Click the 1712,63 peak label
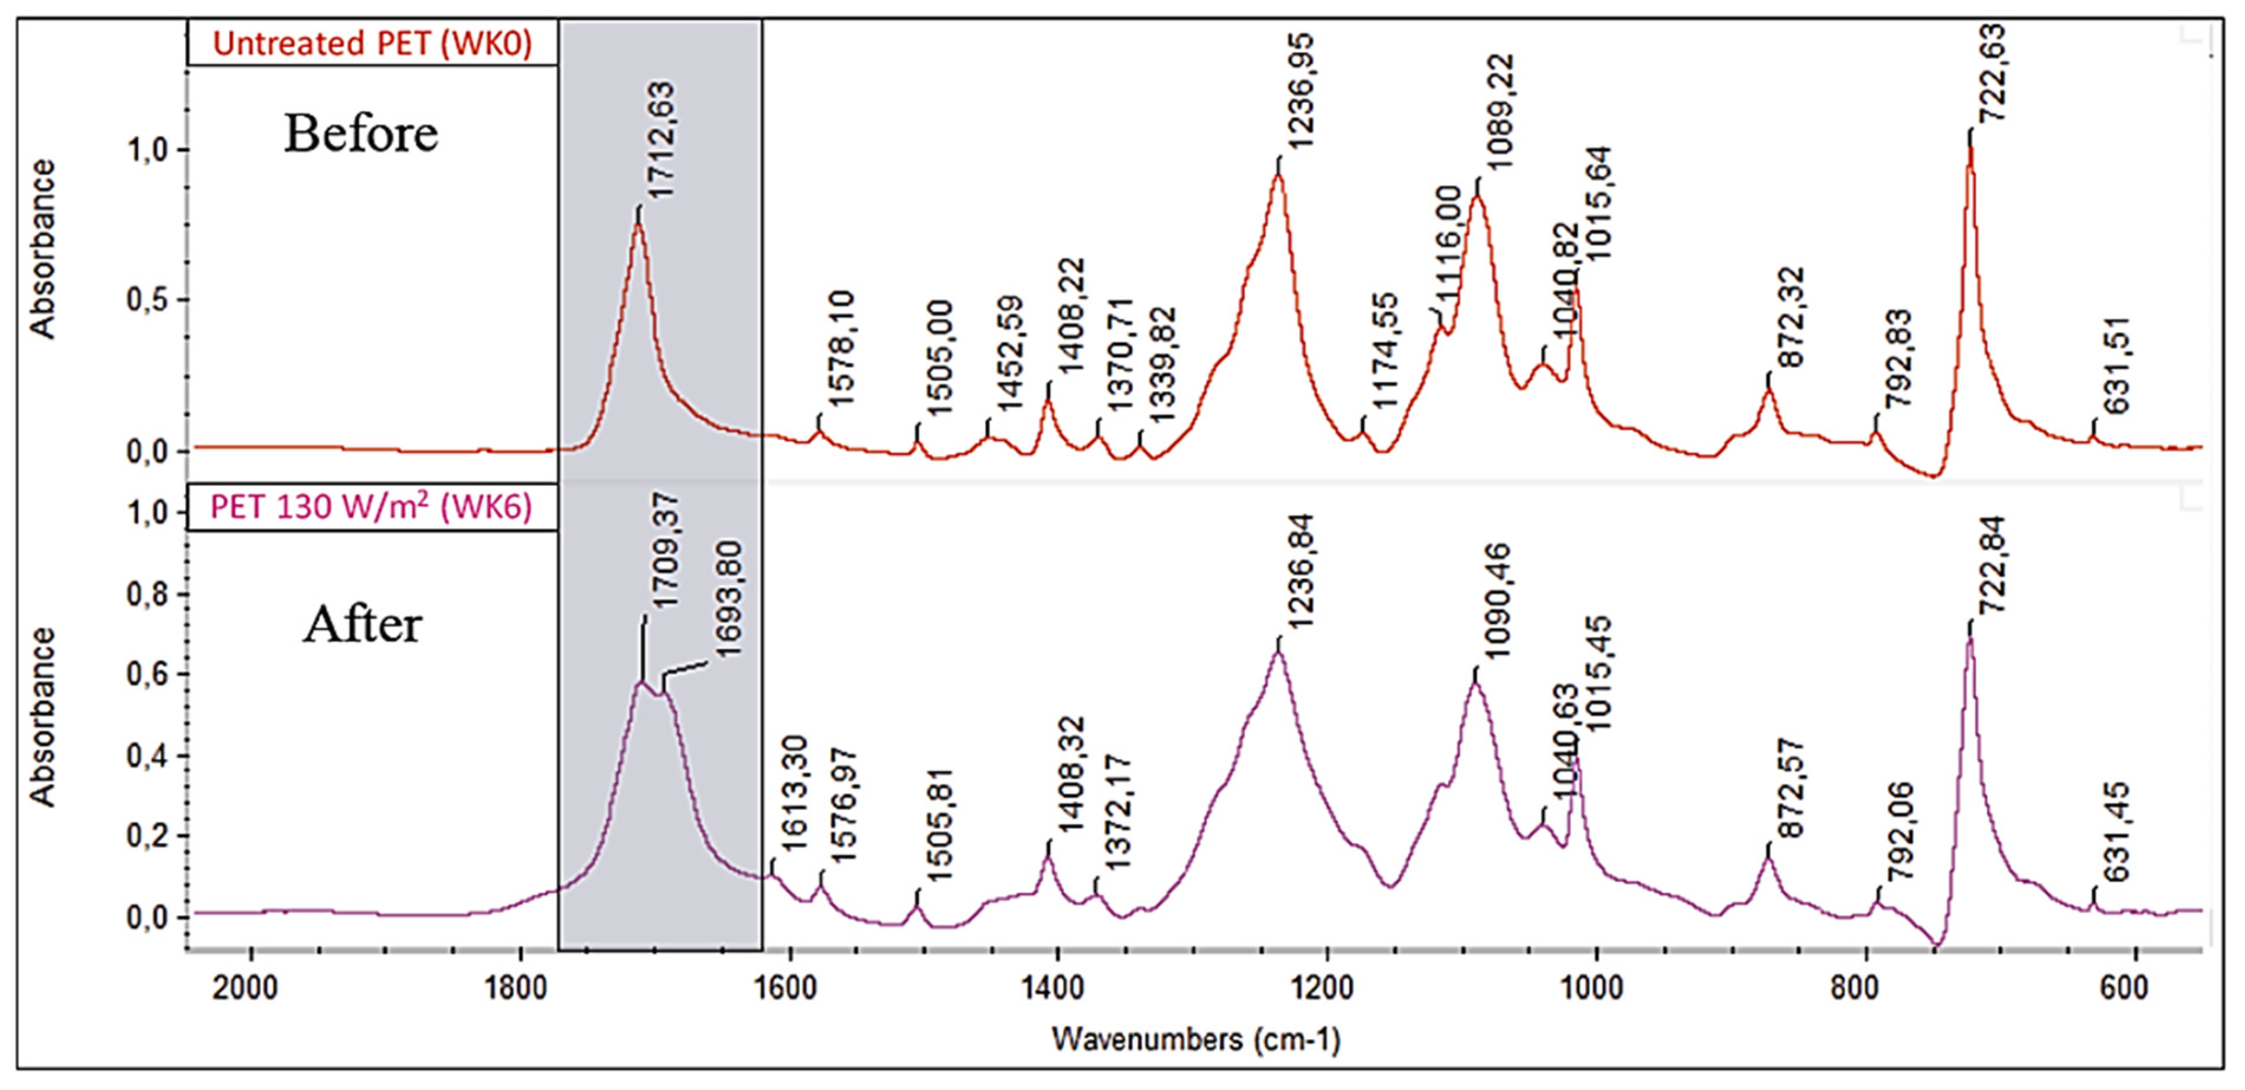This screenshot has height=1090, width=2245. coord(660,141)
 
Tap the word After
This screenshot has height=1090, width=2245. coord(363,625)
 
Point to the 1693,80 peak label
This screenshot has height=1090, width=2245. coord(726,599)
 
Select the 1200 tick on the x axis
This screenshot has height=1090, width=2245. coord(1327,989)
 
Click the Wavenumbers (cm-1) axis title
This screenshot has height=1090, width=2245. coord(1195,1039)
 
